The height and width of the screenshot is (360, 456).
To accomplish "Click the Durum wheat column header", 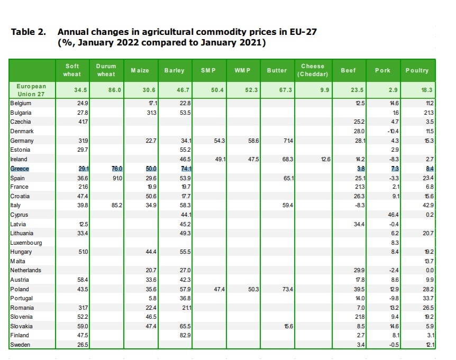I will click(106, 70).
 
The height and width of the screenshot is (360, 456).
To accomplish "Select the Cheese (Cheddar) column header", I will click(313, 70).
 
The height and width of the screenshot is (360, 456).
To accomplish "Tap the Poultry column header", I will click(417, 70).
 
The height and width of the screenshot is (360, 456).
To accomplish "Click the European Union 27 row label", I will click(32, 90).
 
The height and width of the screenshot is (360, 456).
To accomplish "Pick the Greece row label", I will click(20, 169).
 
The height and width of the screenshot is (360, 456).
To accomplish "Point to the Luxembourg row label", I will click(25, 243).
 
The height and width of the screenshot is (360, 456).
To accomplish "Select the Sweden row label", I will click(20, 345).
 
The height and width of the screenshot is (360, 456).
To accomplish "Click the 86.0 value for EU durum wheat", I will click(115, 90).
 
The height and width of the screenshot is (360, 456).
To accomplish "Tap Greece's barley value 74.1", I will click(185, 169).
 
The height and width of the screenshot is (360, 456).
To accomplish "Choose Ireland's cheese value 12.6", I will click(324, 159).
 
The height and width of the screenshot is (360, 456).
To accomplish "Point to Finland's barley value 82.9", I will click(185, 336).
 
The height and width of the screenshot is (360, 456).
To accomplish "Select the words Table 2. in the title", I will click(28, 32).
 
